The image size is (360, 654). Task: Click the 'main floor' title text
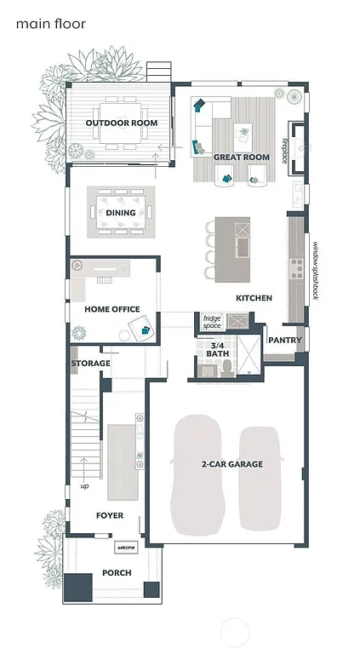pos(50,24)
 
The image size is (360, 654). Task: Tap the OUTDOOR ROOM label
pos(121,123)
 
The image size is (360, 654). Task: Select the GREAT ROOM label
pos(241,158)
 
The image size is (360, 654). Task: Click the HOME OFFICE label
pos(111,309)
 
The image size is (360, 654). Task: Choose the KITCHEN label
pos(254,298)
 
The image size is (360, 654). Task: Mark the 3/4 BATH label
pos(217,348)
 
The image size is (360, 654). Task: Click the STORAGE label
pos(90,364)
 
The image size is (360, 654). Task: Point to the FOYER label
pos(109,516)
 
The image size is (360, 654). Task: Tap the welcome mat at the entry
pos(126,548)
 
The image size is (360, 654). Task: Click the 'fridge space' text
pos(212,322)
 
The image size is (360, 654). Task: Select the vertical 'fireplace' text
pos(285,149)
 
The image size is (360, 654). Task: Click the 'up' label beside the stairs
pos(84,486)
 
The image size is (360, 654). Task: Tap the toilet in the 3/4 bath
pos(227,367)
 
